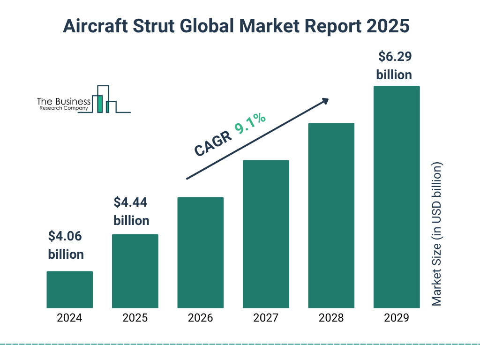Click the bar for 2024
coord(69,289)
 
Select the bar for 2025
coord(135,271)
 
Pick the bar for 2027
coord(266,234)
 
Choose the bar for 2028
coord(331,215)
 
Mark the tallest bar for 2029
coord(397,197)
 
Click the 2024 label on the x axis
coord(69,318)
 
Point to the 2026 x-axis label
coord(200,318)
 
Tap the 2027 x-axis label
coord(266,318)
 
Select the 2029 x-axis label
coord(397,318)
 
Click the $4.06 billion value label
coord(66,245)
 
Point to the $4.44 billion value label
coord(131,211)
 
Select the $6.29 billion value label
coord(394,66)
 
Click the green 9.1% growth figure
coord(250,123)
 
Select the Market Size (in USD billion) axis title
coord(437,234)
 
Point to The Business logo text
coord(64,102)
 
